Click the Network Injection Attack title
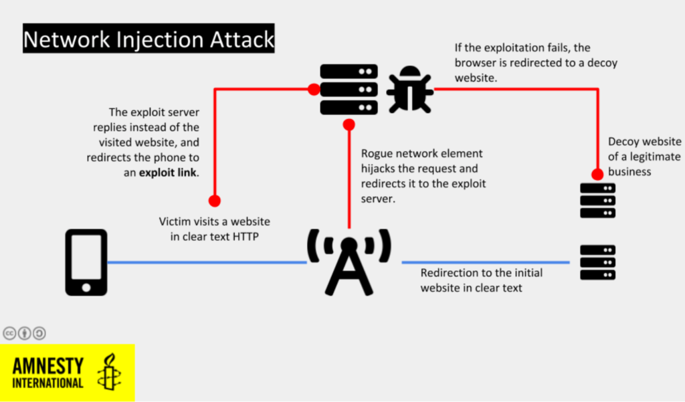click(x=149, y=40)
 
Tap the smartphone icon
click(x=86, y=262)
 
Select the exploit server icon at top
click(x=349, y=89)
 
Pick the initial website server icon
click(x=597, y=262)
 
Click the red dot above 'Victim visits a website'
click(x=214, y=200)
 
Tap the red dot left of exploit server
click(x=313, y=89)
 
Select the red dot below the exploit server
click(x=349, y=124)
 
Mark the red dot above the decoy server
click(x=597, y=174)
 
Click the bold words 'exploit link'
click(x=168, y=173)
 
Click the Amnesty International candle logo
click(x=109, y=373)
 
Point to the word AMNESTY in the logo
click(x=48, y=366)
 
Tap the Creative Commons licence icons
click(x=25, y=332)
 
